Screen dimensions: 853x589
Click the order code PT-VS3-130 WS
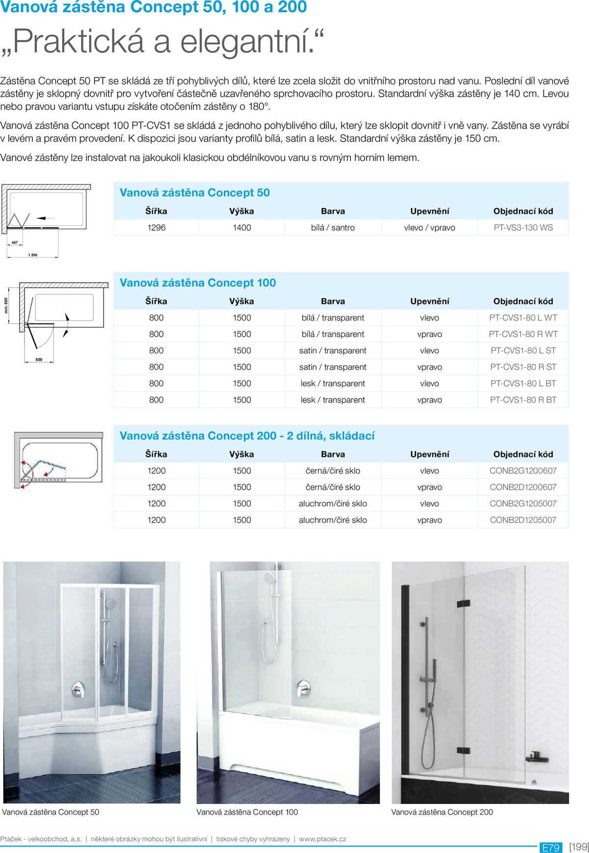tap(523, 228)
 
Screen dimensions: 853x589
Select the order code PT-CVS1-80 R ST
tap(523, 367)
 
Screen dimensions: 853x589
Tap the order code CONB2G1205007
tap(523, 504)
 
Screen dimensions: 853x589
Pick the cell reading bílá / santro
tap(333, 228)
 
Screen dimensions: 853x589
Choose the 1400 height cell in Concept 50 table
tap(241, 228)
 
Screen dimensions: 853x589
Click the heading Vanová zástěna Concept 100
tap(198, 283)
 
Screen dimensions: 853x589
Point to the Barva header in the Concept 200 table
tap(333, 454)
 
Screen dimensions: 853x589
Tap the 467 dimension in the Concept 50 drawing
tap(15, 242)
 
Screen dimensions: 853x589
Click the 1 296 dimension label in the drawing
tap(32, 255)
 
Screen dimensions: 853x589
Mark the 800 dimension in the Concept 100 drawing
tap(39, 360)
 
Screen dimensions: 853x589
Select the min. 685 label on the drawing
tap(6, 305)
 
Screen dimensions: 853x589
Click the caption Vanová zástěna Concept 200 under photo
tap(442, 812)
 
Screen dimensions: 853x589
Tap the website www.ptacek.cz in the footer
tap(322, 839)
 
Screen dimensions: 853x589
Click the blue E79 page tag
tap(551, 848)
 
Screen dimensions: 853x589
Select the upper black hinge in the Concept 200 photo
tap(463, 603)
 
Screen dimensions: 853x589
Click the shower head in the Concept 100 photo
tap(270, 578)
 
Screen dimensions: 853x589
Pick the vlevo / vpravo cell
tap(429, 228)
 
